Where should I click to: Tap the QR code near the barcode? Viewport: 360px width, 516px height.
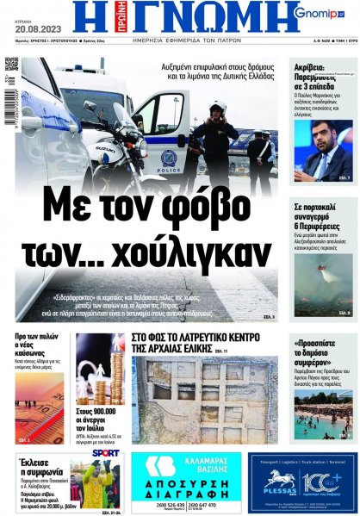[x=11, y=64]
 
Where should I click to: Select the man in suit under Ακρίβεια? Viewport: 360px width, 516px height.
[x=325, y=152]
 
